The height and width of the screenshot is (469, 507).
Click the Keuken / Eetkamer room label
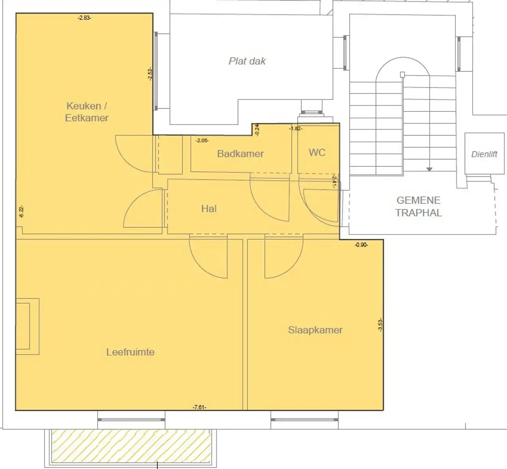point(86,112)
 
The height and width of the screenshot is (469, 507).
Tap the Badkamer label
point(240,154)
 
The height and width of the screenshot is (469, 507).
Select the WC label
point(317,152)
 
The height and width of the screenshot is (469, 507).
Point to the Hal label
point(209,209)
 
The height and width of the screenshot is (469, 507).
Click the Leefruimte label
point(130,352)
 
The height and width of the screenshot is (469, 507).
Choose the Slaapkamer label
point(315,330)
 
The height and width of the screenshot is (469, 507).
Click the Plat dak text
point(247,61)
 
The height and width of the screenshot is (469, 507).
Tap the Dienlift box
point(484,154)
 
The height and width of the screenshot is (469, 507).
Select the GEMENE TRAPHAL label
point(418,206)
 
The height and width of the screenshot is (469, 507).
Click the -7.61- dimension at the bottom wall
point(199,407)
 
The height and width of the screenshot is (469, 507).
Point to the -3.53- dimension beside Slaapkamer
point(380,325)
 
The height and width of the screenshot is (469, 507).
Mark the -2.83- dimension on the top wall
point(84,18)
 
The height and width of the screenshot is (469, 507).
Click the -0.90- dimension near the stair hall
point(361,245)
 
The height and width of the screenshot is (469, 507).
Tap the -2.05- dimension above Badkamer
point(202,140)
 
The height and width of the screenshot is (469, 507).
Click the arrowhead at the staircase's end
point(429,169)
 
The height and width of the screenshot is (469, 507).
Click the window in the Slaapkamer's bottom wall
point(305,420)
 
